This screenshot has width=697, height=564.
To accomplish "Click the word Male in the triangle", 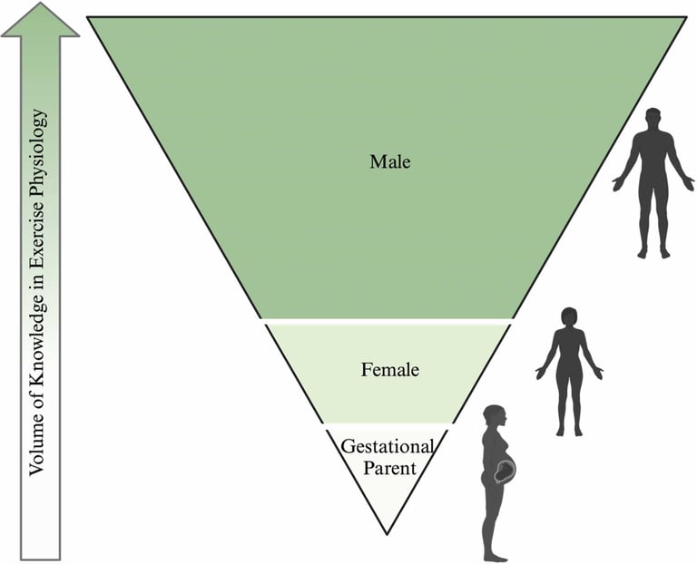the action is pos(390,162).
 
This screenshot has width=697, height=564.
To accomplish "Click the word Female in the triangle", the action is pos(389,370).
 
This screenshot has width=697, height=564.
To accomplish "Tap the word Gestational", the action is pos(388,446).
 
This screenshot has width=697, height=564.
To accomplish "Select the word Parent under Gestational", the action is pos(388,468).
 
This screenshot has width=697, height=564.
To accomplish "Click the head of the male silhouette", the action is pos(653,120).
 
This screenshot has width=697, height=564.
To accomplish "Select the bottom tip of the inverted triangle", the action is pos(388,533).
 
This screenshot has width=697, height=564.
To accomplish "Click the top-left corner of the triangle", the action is pos(89,17).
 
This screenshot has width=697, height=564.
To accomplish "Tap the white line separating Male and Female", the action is pos(388,321).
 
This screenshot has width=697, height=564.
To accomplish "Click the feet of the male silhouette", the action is pos(653,254).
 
